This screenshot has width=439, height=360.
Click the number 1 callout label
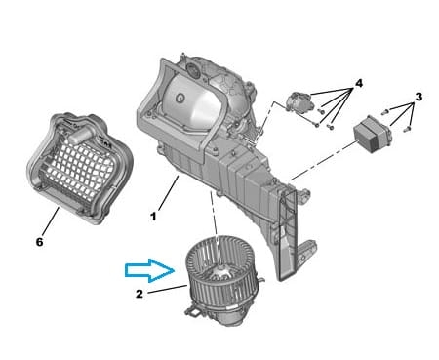153,217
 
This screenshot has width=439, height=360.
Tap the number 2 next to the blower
140,294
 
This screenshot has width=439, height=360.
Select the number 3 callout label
419,97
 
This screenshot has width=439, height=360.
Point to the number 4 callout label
358,84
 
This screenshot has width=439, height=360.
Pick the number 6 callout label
39,242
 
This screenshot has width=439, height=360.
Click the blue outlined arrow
150,270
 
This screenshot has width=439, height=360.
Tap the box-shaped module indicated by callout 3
373,134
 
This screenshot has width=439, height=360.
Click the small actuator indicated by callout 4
299,102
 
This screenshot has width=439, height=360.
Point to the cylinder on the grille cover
81,134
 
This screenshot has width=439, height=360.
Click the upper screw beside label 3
385,112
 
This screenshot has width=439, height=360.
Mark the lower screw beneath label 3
407,130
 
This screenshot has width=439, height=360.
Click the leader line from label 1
169,192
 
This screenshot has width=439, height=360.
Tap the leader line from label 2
167,289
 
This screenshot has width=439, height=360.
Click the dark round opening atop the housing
193,70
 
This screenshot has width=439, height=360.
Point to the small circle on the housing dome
180,98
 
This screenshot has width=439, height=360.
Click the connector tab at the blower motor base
194,311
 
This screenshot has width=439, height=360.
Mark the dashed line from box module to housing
324,160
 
